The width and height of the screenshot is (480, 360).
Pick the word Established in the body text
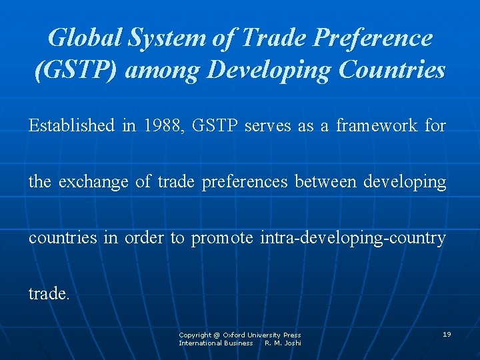(71, 126)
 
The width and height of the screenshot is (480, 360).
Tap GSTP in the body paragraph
(215, 126)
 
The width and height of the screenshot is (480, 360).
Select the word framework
(377, 126)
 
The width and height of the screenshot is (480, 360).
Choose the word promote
(222, 238)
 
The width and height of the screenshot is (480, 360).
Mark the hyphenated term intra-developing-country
(353, 238)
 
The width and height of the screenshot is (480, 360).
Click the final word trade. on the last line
(49, 294)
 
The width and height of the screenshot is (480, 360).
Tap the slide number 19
(447, 334)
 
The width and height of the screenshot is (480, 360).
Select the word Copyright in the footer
(195, 335)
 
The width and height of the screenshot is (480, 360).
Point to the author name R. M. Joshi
(283, 343)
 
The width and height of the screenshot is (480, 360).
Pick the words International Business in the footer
(215, 343)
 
